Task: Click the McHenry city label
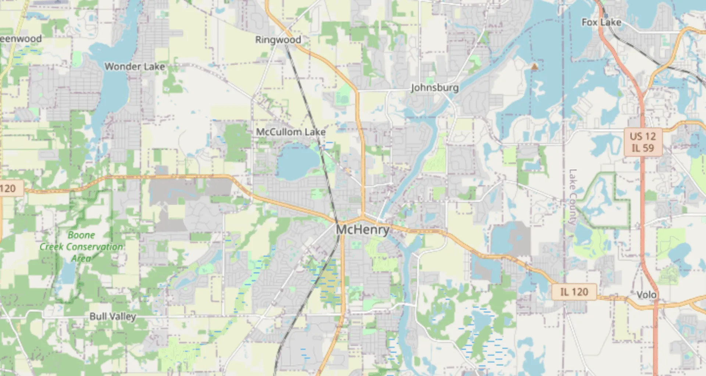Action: tap(363, 230)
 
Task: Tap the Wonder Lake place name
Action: tap(135, 67)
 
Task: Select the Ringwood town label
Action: tap(278, 40)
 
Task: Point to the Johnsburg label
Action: tap(435, 88)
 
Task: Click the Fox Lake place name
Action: tap(601, 22)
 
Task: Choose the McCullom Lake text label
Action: tap(290, 132)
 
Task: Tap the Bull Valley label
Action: tap(113, 316)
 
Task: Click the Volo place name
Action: tap(646, 295)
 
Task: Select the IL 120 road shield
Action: tap(574, 292)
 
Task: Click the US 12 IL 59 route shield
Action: tap(643, 142)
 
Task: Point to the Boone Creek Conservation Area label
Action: tap(81, 246)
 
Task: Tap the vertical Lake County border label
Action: tap(573, 197)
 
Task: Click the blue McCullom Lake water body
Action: tap(298, 162)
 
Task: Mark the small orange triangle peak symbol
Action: tap(535, 67)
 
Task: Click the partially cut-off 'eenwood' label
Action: tap(21, 39)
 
